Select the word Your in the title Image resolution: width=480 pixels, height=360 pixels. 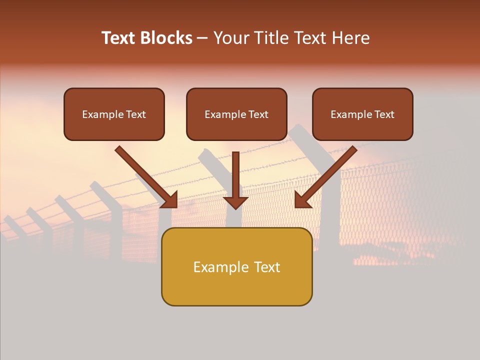[230, 38]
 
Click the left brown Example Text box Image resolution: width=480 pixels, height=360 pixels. [114, 114]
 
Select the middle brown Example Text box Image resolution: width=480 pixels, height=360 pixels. [236, 114]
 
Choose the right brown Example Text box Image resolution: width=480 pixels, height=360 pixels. [362, 114]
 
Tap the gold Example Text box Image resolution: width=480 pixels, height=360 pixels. [236, 266]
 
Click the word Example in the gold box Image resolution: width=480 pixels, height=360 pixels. [216, 267]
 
